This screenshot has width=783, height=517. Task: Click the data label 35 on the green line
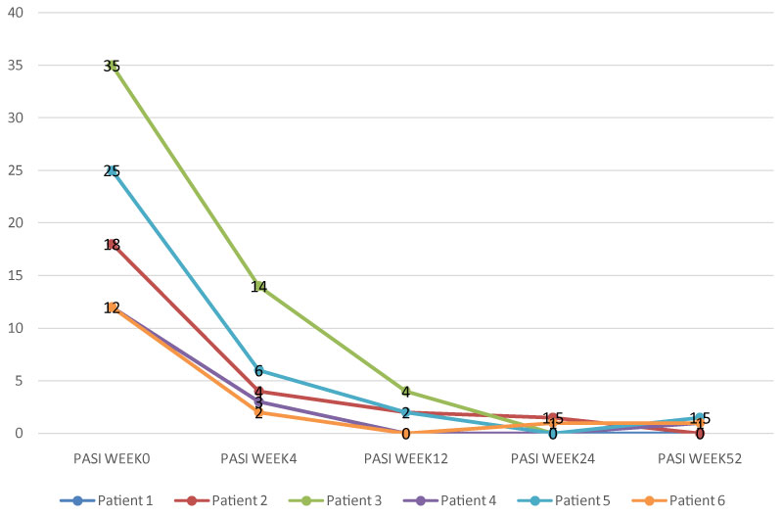click(x=112, y=66)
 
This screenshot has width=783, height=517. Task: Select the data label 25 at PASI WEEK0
click(x=112, y=170)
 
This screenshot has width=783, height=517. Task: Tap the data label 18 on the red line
click(x=112, y=245)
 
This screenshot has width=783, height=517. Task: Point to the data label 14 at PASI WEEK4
click(x=258, y=287)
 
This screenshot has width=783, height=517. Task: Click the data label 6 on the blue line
click(x=258, y=371)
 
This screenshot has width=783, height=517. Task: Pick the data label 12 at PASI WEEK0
click(x=112, y=307)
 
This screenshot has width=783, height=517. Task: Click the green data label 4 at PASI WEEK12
click(x=405, y=392)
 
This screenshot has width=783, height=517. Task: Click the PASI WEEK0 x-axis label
click(x=112, y=458)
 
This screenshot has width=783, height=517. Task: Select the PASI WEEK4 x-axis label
click(x=258, y=458)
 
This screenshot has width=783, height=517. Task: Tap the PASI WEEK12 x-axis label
click(x=405, y=458)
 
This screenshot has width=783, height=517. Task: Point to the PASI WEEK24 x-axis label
click(x=553, y=458)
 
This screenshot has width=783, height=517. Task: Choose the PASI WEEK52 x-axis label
click(x=700, y=458)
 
